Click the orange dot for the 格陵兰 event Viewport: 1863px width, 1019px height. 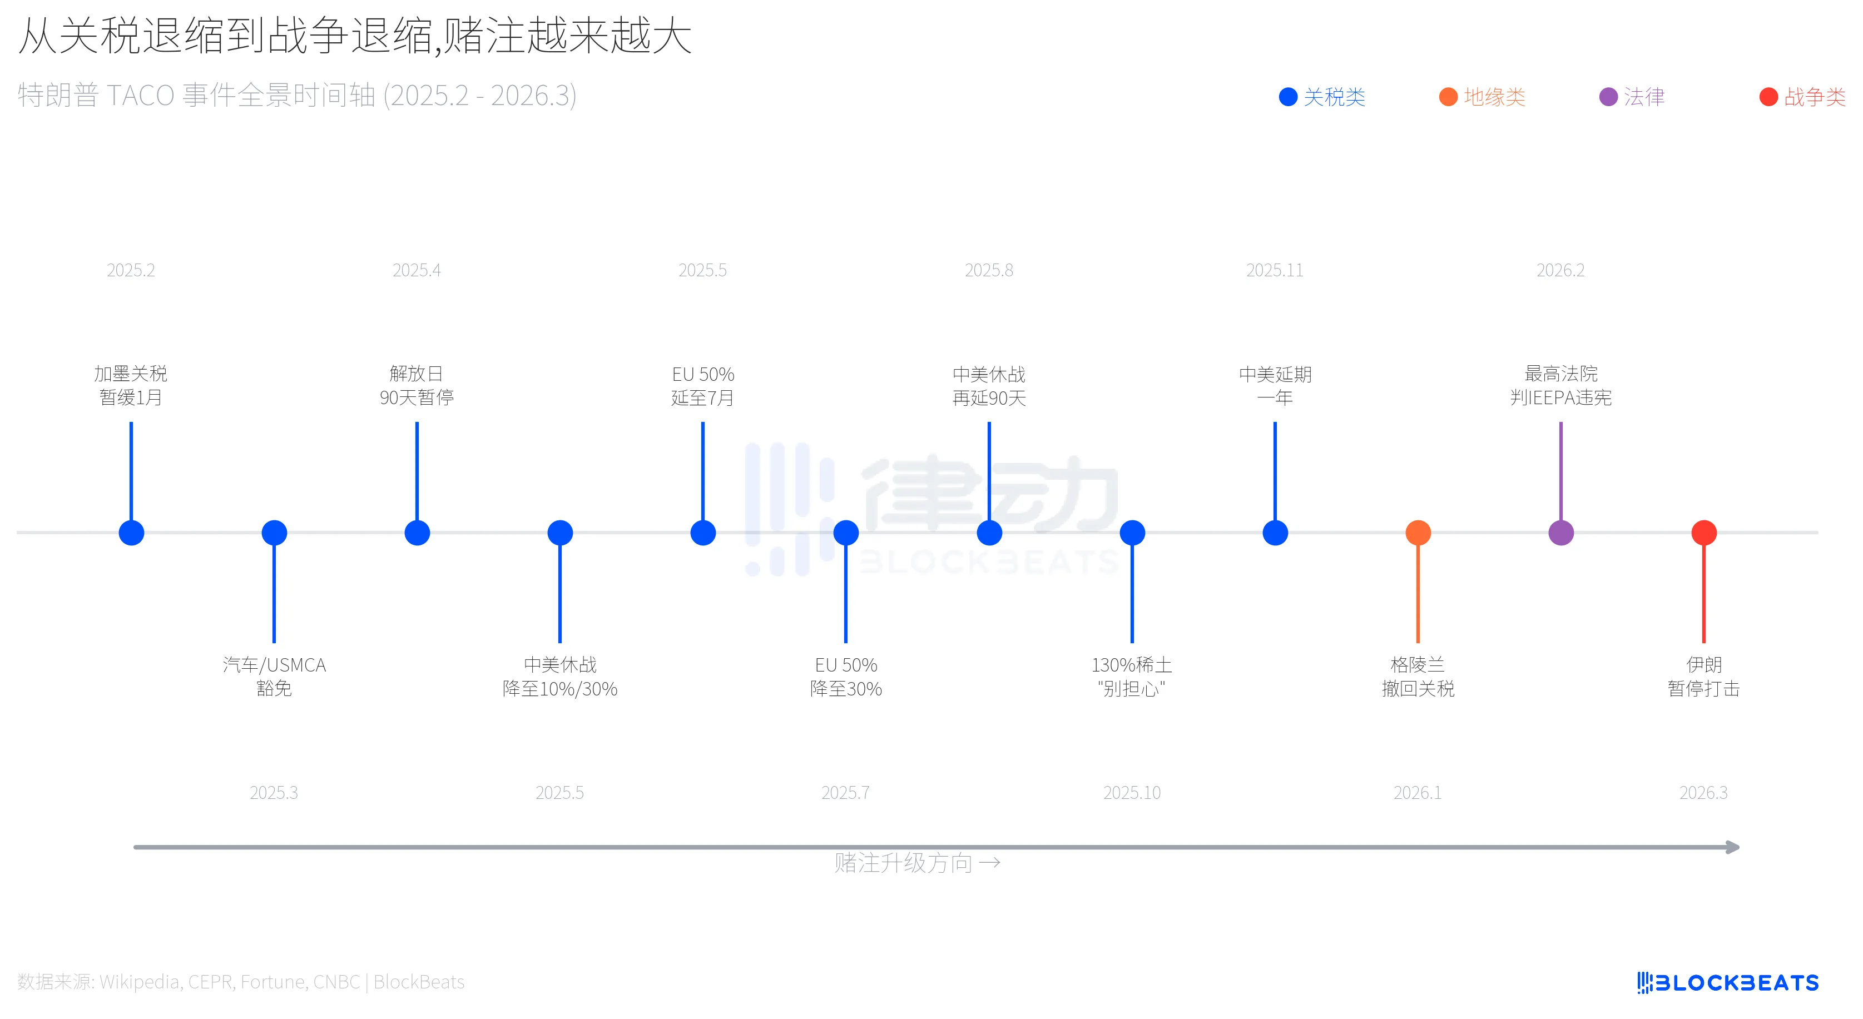1418,533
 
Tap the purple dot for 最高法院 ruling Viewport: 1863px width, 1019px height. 1560,533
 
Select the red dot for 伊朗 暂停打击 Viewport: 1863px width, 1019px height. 1704,533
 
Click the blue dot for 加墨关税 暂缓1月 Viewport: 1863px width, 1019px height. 131,533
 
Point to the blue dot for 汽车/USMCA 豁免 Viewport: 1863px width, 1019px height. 274,533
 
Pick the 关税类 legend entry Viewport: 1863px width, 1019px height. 1321,97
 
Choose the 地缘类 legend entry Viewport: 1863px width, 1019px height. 1482,97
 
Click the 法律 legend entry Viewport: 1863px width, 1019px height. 1632,97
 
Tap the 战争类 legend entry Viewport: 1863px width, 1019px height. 1802,97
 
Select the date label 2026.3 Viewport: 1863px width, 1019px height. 1703,793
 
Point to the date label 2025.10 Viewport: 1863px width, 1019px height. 1132,793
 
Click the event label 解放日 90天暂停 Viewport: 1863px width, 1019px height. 417,385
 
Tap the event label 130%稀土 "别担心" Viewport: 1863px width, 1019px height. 1132,676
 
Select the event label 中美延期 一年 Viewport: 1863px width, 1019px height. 1275,385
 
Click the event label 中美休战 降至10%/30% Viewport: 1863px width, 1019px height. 560,676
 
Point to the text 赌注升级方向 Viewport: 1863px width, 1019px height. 903,863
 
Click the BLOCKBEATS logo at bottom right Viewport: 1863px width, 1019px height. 1728,982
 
